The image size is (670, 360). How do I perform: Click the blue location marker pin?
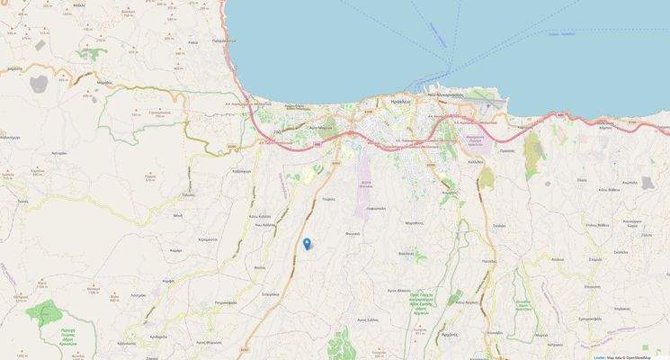307,242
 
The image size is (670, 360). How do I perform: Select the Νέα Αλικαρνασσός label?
444,94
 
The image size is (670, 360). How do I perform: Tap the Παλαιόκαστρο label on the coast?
225,40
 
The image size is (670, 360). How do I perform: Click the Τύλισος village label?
188,194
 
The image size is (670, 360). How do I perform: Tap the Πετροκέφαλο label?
214,304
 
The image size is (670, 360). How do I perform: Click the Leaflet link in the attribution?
599,357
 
